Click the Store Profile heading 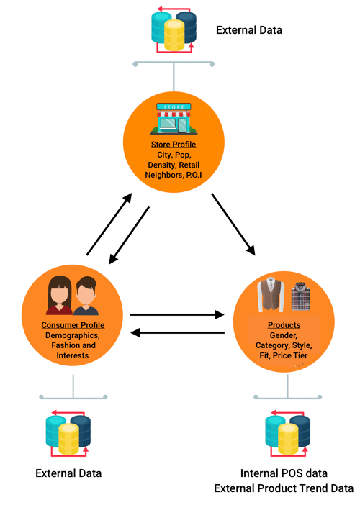coord(174,145)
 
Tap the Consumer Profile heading coord(73,325)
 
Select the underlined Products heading coord(284,325)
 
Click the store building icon coord(174,119)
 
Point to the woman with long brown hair coord(59,296)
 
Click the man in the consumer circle coord(86,296)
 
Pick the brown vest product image coord(271,294)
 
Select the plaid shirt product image coord(301,296)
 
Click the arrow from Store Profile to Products coord(233,224)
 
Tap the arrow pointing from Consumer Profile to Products coord(177,314)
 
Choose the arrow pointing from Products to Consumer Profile coord(177,332)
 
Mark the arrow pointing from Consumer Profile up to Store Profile coord(109,224)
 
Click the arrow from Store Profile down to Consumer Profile coord(129,235)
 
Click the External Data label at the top coord(249,30)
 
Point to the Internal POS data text coord(284,473)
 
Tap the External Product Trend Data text coord(284,488)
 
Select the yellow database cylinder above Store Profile coord(174,35)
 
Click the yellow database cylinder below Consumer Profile coord(68,439)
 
